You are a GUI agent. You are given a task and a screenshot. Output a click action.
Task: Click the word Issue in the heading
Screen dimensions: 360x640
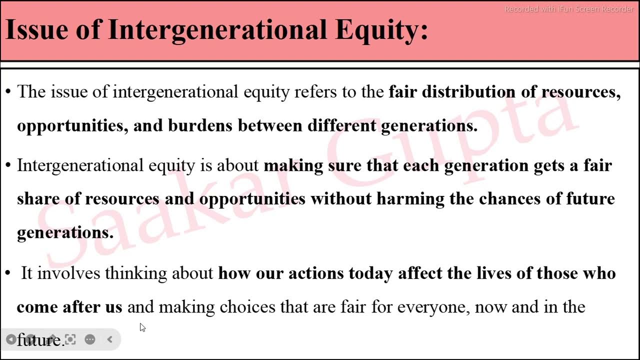click(x=36, y=29)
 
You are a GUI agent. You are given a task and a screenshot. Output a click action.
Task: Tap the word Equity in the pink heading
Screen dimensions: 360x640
click(x=381, y=30)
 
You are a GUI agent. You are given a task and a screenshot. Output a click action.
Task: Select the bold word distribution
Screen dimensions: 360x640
click(x=468, y=92)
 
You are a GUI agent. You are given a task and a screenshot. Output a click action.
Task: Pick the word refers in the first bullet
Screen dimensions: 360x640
click(x=315, y=92)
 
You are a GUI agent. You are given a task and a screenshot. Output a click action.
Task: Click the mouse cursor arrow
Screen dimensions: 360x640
click(x=142, y=327)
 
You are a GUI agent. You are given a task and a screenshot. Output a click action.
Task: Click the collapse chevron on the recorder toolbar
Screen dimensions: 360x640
click(x=110, y=339)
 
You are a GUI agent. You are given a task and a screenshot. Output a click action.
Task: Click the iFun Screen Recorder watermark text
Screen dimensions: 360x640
click(x=568, y=9)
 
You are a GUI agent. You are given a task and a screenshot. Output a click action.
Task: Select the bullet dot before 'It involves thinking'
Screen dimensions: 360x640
click(x=7, y=273)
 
